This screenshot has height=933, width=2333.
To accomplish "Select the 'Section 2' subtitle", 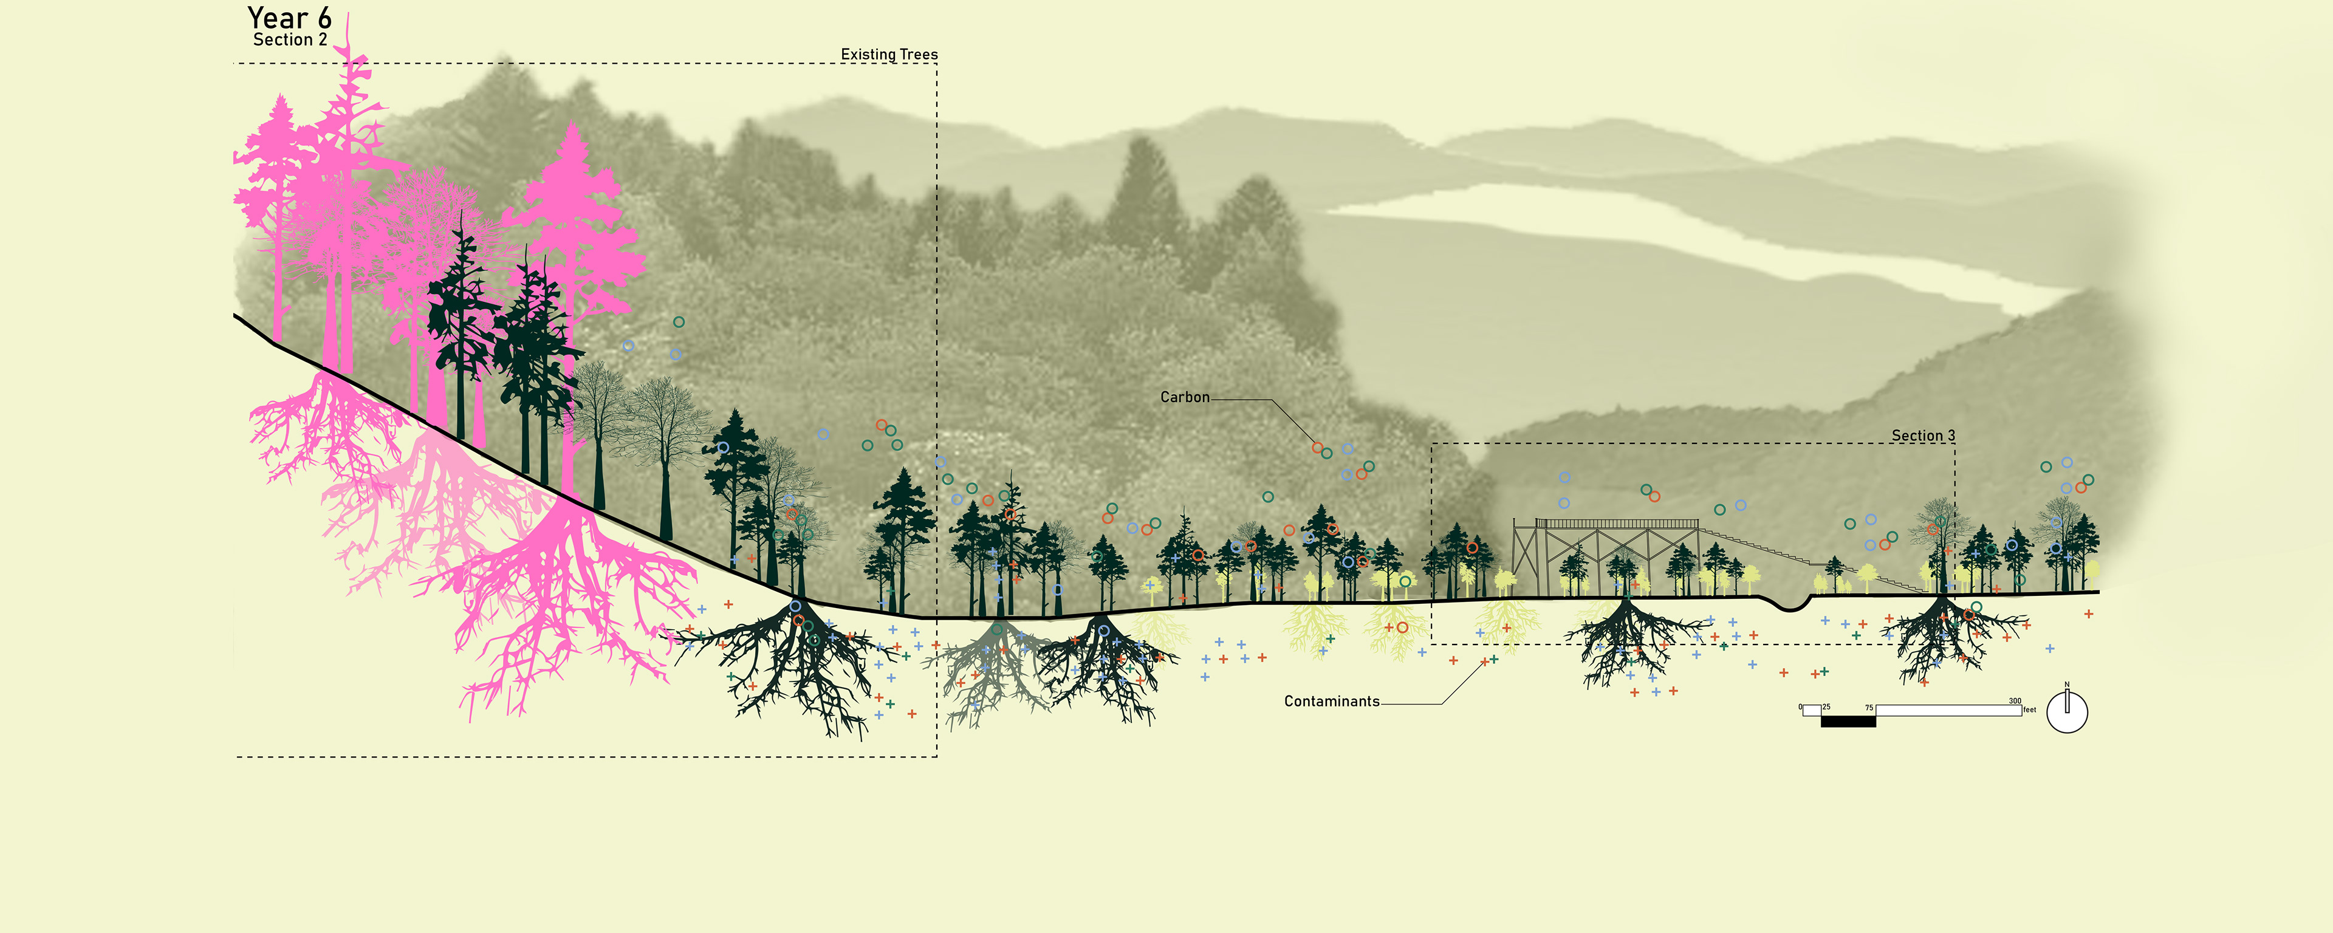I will click(290, 40).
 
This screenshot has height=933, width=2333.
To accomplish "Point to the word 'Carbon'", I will click(1185, 397).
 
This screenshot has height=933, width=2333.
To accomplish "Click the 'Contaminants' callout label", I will click(1331, 701).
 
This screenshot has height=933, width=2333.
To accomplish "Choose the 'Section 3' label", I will click(1923, 436).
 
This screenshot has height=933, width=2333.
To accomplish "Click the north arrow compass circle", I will click(2067, 713).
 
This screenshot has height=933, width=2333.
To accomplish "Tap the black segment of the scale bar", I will click(1848, 721).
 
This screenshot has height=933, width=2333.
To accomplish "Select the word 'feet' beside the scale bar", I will click(2030, 710).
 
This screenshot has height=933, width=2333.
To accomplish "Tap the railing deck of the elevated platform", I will click(1617, 524).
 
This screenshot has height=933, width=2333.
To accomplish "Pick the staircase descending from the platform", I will click(1802, 557).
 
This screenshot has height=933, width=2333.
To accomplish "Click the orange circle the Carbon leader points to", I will click(1318, 448).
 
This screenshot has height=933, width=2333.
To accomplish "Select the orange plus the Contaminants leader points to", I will click(1484, 662).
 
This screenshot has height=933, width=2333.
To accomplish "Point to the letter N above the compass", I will click(2067, 685).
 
